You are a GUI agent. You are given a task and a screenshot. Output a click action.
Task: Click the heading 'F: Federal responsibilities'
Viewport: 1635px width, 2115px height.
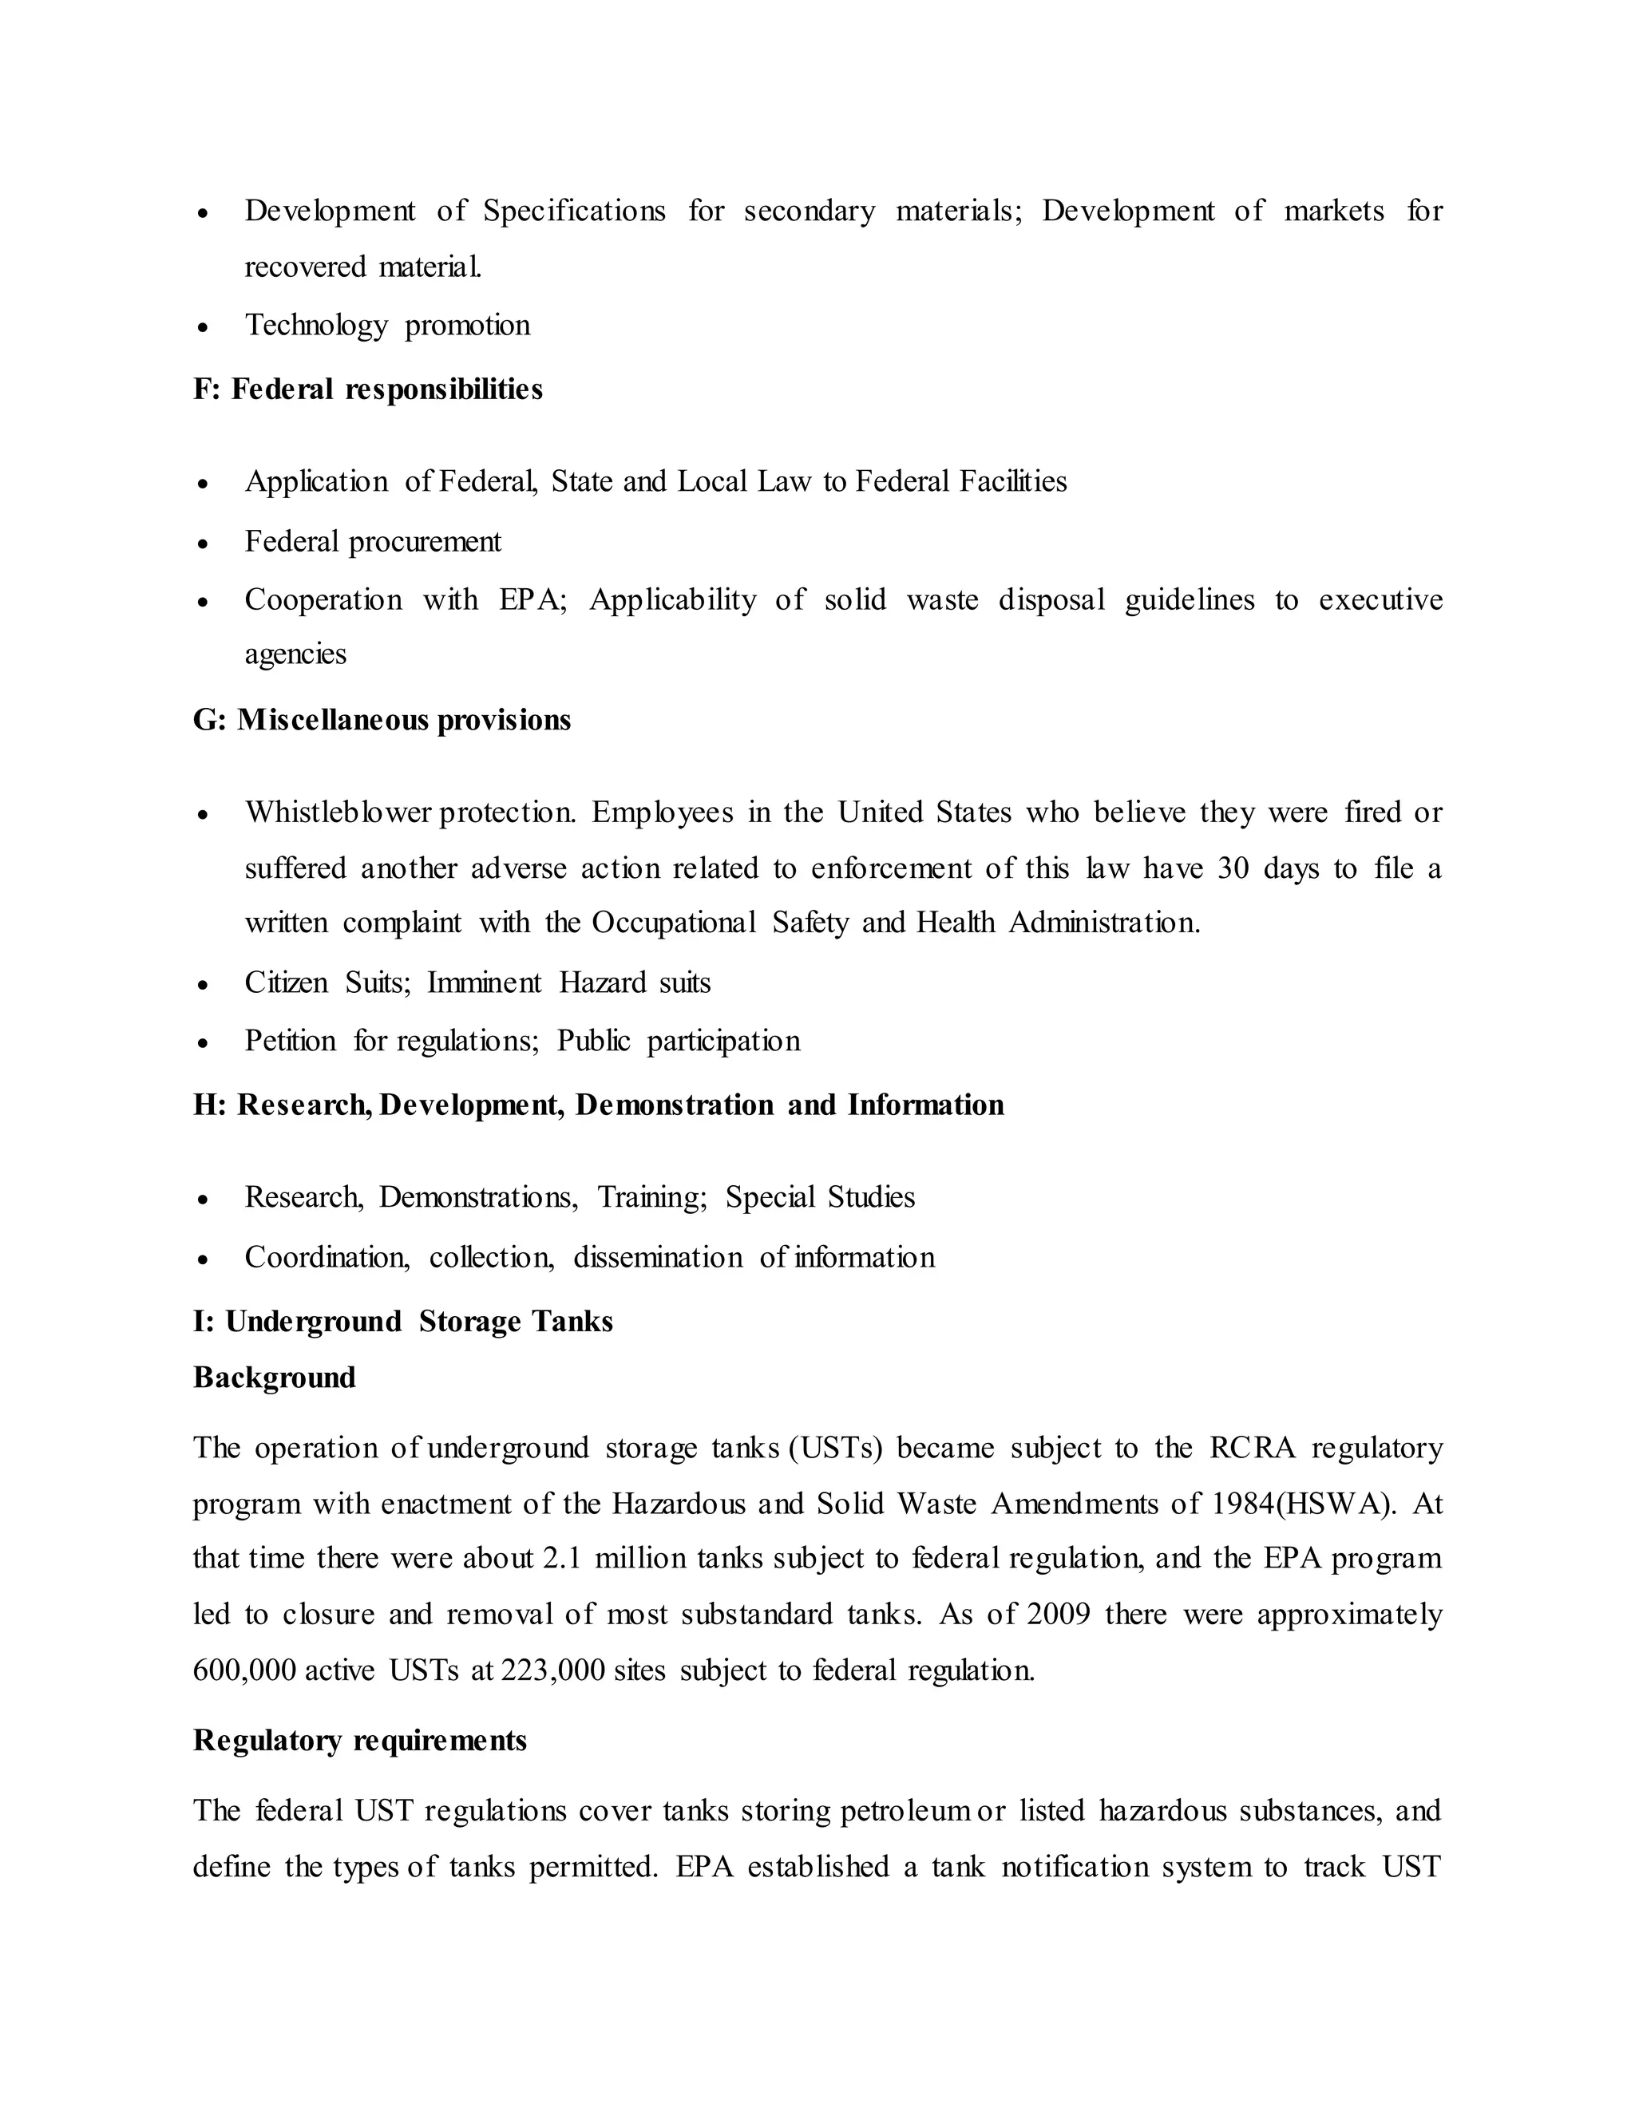(367, 389)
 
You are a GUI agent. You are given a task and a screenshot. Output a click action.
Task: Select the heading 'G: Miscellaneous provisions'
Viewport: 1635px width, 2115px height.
(382, 721)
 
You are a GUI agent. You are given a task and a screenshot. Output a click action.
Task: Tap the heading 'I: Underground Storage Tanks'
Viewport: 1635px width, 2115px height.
(403, 1322)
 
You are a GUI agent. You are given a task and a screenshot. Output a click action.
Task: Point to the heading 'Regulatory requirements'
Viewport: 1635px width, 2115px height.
(359, 1740)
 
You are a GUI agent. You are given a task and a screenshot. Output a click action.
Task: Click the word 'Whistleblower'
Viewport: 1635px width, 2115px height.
(337, 812)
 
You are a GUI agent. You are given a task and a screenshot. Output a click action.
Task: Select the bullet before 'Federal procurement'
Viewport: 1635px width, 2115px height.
(203, 544)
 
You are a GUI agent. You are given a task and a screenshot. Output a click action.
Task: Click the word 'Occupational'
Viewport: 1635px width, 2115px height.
(673, 923)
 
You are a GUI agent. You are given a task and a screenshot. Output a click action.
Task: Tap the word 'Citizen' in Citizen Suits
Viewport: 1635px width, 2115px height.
(287, 983)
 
